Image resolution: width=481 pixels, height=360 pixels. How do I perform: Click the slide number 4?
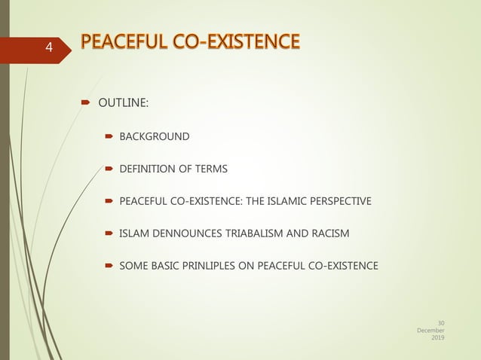tap(49, 48)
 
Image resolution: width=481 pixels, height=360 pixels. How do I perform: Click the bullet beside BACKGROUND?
tap(109, 137)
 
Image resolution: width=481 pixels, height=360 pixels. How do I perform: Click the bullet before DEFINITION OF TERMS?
tap(109, 169)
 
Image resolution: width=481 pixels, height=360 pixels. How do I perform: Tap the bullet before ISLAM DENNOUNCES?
tap(109, 233)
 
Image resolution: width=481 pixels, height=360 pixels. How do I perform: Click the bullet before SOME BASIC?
tap(109, 266)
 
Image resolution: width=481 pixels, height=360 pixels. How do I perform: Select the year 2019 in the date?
tap(437, 338)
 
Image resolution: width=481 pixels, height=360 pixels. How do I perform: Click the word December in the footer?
tap(430, 330)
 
